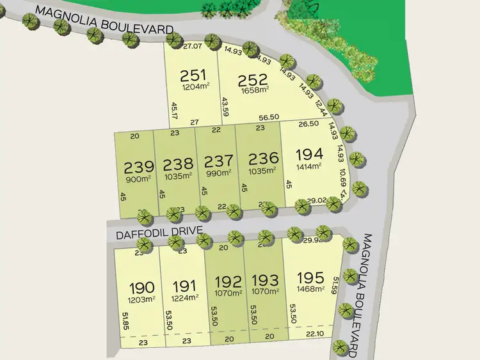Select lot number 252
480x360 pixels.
tap(252, 81)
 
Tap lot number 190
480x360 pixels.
tap(142, 286)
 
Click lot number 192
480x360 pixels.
tap(228, 281)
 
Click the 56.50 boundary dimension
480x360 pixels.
tap(268, 118)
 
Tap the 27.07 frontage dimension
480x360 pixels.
tap(192, 47)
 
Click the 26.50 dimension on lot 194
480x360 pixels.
tap(309, 124)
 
